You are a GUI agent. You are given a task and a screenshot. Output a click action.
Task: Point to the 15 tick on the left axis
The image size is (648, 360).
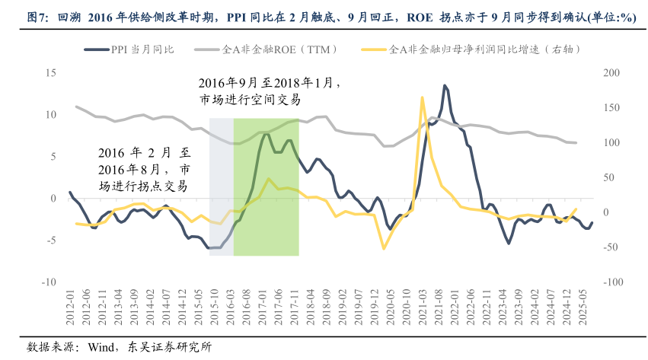(x=51, y=73)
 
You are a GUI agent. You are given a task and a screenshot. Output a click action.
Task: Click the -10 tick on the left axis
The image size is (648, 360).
(x=49, y=282)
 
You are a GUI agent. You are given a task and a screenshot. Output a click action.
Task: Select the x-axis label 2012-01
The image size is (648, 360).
(x=70, y=309)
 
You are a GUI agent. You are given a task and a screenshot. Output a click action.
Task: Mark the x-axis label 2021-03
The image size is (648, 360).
(x=423, y=309)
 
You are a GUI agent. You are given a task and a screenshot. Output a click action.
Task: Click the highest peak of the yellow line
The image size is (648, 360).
(x=422, y=97)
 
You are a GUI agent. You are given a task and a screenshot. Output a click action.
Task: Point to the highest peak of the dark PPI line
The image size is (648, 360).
(x=445, y=85)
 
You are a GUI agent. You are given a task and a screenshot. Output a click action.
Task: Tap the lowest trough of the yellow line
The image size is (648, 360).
(x=384, y=248)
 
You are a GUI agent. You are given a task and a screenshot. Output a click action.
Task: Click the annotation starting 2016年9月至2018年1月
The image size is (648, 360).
(x=270, y=91)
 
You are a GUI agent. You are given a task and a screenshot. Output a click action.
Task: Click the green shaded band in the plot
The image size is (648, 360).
(x=266, y=221)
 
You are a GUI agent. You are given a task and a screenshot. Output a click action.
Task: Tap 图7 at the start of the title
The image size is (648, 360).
(x=37, y=17)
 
